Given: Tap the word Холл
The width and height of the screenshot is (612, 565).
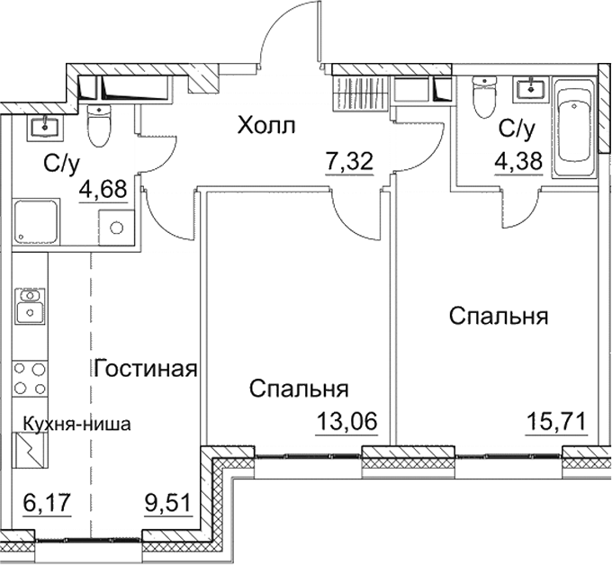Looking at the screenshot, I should click(x=266, y=126).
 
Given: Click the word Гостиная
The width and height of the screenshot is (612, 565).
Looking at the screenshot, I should click(x=145, y=369).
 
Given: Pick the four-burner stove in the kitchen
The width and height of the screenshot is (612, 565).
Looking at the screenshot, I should click(x=30, y=377).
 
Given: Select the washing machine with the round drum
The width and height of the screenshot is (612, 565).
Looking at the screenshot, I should click(x=116, y=226).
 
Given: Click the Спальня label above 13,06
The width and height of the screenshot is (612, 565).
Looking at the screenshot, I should click(x=299, y=389).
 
